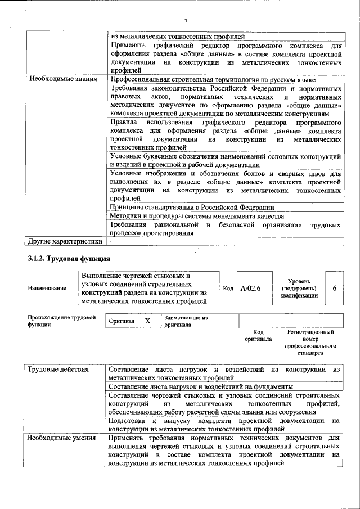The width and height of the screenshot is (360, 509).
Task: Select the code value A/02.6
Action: click(250, 289)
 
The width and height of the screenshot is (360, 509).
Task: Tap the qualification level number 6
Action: click(335, 289)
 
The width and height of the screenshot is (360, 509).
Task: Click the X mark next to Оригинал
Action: click(147, 321)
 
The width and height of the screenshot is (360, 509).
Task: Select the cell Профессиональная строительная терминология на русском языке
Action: click(213, 80)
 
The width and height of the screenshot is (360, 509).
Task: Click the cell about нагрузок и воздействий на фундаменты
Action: click(200, 387)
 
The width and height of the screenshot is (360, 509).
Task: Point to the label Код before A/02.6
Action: click(228, 289)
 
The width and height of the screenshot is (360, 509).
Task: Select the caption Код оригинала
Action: click(258, 336)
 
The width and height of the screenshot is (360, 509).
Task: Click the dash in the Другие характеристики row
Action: click(111, 241)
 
